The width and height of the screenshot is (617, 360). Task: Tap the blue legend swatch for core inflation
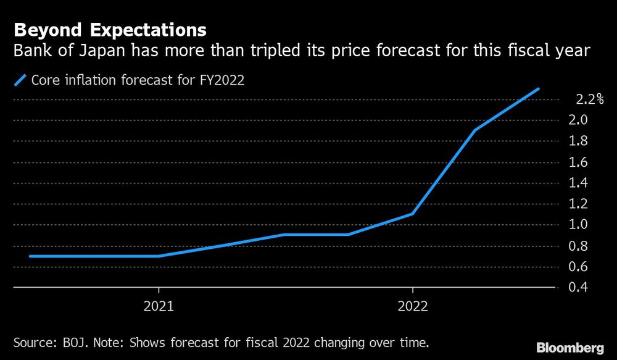tap(22, 80)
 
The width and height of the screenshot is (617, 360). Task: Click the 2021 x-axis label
tap(159, 306)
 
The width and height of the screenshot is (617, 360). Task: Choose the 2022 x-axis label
tap(412, 306)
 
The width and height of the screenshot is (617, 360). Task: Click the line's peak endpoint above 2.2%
tap(539, 89)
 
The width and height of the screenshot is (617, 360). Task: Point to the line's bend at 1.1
tap(412, 214)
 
